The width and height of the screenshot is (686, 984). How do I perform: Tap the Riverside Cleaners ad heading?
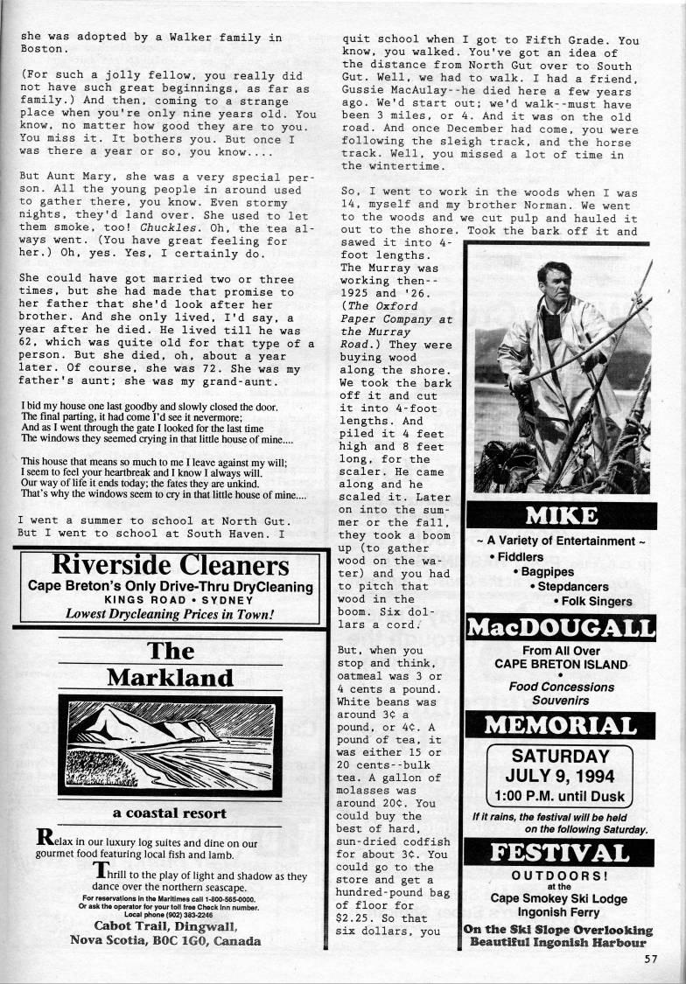tap(170, 565)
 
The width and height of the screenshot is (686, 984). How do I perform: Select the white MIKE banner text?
tap(560, 514)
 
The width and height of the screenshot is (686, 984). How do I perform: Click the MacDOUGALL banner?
tap(560, 628)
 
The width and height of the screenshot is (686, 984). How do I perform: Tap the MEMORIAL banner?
tap(560, 725)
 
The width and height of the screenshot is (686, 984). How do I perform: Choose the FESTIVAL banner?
tap(560, 853)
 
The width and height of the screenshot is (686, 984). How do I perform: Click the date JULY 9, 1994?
tap(560, 776)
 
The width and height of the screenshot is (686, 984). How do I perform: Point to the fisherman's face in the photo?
tap(555, 283)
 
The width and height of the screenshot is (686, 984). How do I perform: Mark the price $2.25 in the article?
tap(354, 918)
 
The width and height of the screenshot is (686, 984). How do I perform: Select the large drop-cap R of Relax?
tap(45, 838)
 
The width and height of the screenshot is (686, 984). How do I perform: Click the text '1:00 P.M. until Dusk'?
tap(560, 797)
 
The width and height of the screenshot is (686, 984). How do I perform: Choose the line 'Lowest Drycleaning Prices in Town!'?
tap(170, 614)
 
